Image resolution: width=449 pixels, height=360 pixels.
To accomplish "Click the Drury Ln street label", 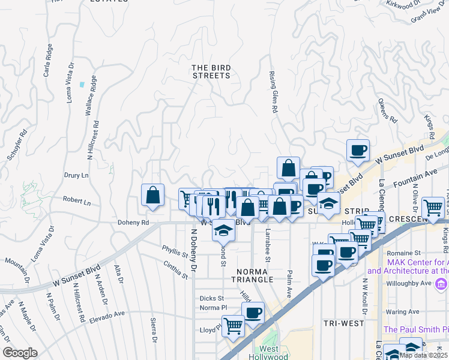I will point(76,175).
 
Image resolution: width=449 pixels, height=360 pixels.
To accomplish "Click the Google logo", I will point(20,353).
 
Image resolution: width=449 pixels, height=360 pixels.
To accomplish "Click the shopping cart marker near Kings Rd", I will point(432,208).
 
